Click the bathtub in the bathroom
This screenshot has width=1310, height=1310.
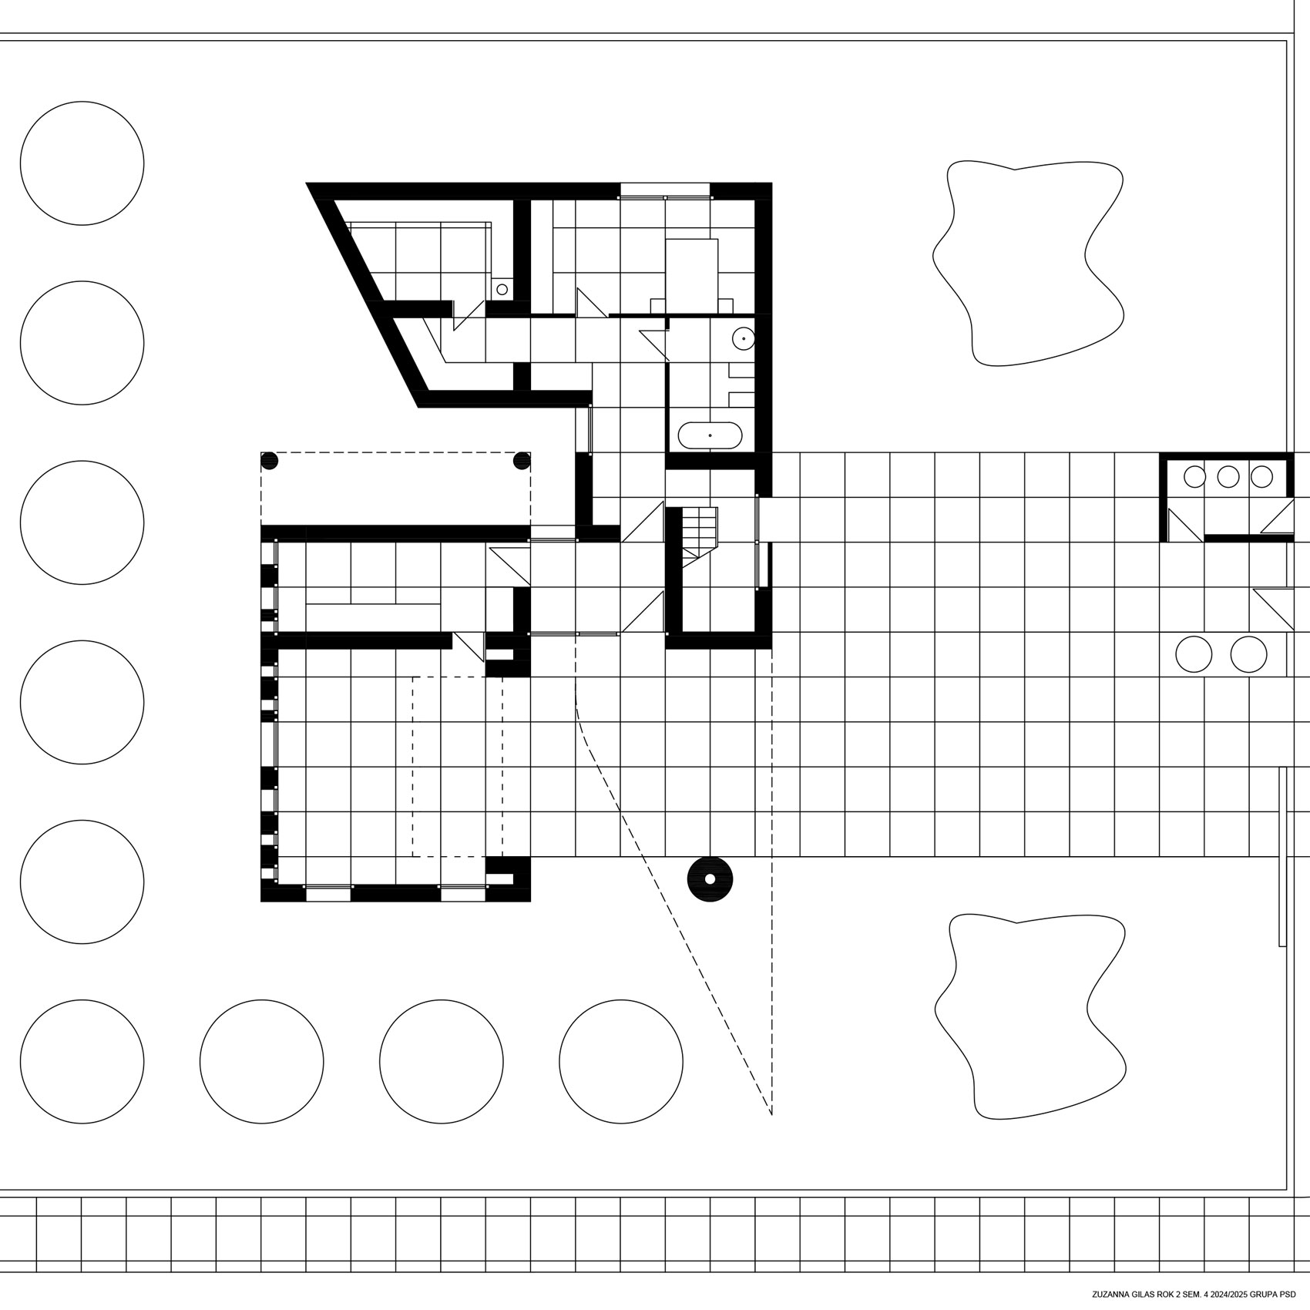(710, 435)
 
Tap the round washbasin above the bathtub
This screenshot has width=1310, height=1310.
(743, 338)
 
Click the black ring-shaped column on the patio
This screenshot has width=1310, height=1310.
(710, 878)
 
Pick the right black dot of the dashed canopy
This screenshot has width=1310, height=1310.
(522, 461)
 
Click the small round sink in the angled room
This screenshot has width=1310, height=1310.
(502, 289)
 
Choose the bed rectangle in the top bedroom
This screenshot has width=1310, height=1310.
(692, 275)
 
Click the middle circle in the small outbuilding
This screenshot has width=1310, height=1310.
(1228, 477)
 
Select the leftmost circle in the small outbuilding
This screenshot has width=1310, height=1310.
(1194, 477)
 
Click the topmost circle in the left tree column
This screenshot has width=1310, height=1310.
(82, 163)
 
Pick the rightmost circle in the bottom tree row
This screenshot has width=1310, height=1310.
(621, 1062)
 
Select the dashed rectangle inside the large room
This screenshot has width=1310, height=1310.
(458, 767)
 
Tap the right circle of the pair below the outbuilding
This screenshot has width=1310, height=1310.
(1248, 655)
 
